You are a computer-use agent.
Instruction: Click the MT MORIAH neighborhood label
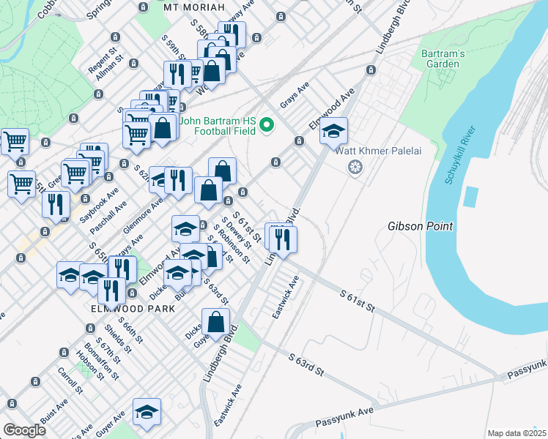(192, 7)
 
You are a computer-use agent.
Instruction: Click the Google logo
(24, 430)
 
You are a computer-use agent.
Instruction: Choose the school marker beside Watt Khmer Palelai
(334, 131)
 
